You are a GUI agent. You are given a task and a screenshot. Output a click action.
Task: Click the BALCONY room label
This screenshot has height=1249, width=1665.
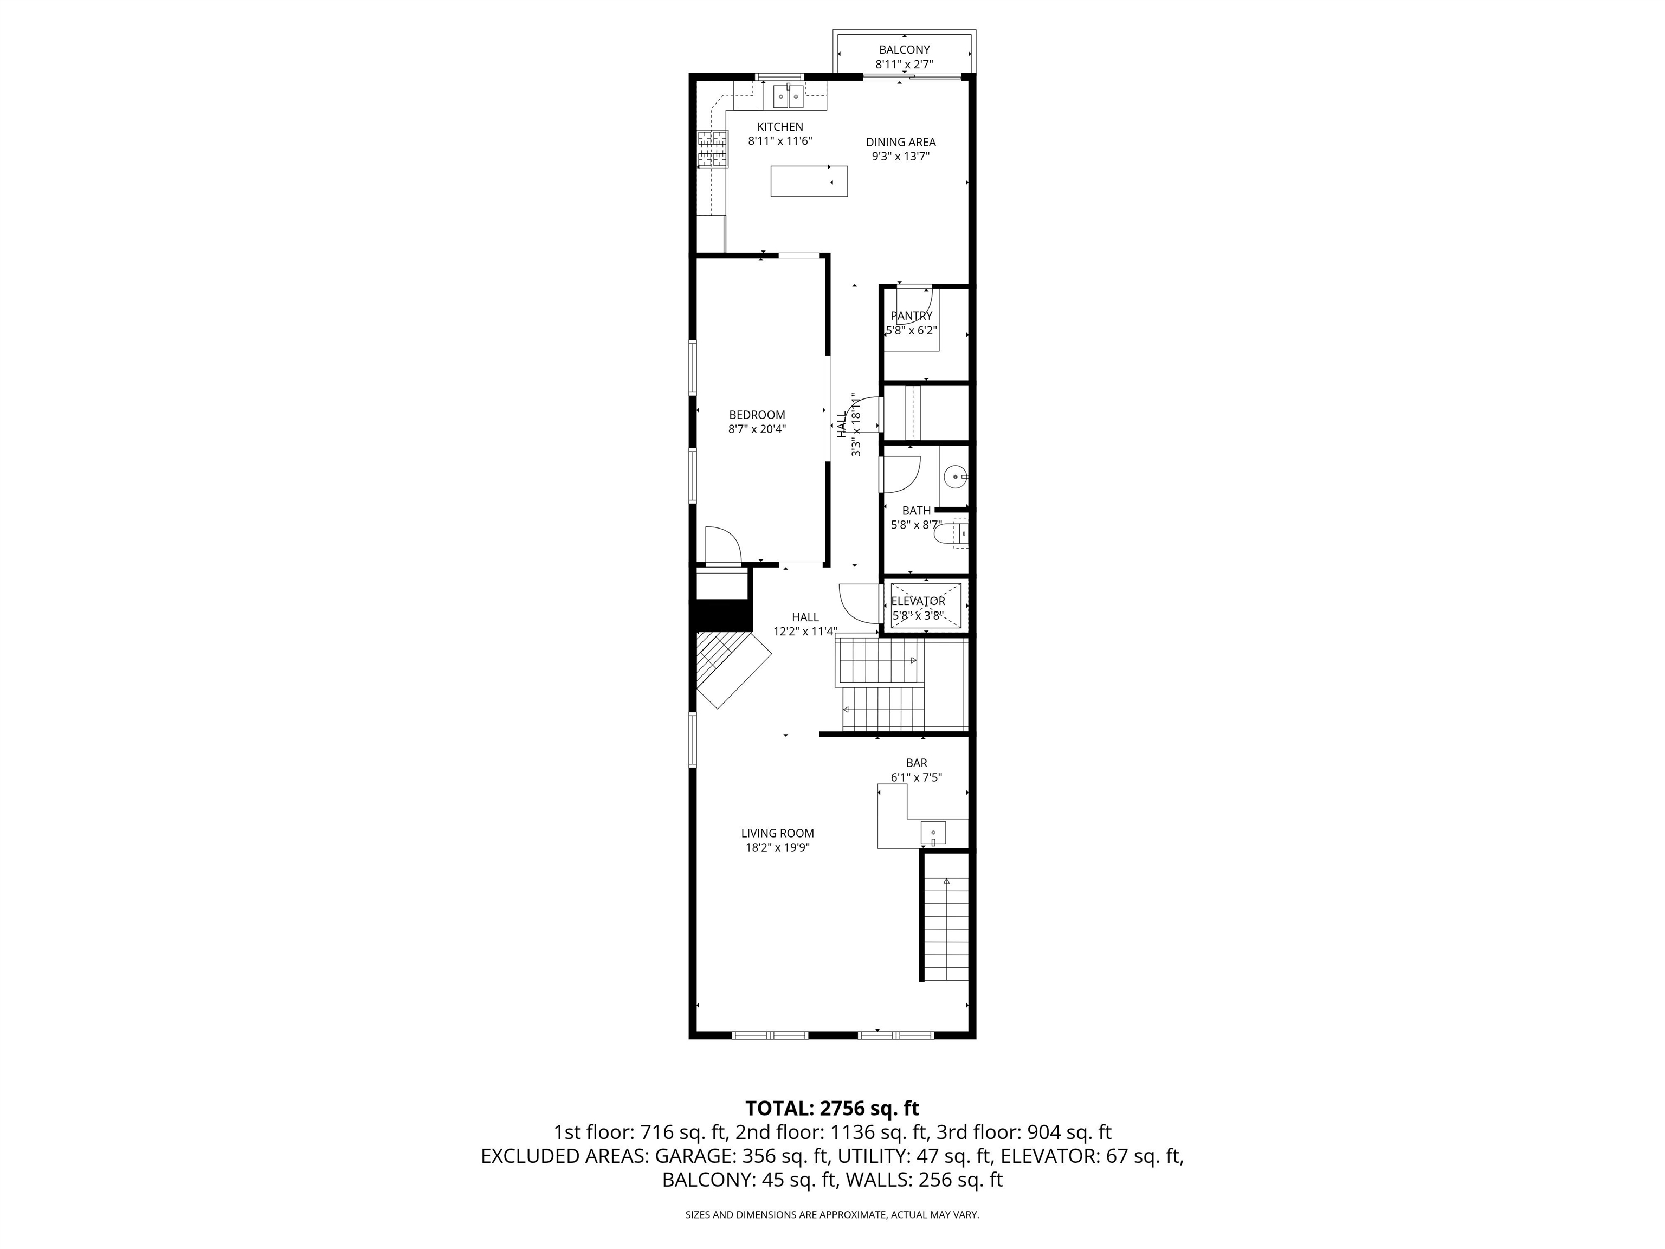tap(904, 50)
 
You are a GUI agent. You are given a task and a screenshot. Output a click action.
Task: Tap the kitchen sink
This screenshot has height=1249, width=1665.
tap(788, 96)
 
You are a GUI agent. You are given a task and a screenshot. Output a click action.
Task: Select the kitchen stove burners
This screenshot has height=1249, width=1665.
tap(186, 149)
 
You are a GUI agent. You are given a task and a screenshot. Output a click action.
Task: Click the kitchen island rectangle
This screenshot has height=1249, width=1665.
tap(809, 182)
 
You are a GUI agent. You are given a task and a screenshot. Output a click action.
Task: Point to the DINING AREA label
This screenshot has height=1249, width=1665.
tap(900, 142)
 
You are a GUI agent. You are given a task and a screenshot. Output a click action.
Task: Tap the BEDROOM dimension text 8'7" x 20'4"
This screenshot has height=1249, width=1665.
tap(757, 429)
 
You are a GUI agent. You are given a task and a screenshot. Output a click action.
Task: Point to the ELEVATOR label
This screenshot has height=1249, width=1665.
tap(918, 601)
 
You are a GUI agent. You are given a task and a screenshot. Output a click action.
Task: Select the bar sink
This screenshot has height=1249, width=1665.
tap(933, 833)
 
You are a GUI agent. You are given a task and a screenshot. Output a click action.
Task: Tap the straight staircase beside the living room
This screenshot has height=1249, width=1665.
tap(945, 928)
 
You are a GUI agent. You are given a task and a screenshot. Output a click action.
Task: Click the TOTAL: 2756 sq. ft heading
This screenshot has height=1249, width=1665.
tap(832, 1108)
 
